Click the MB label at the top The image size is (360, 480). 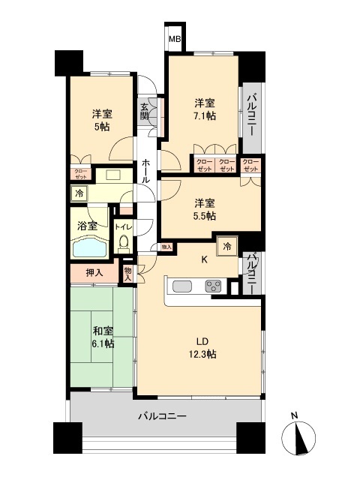[x=174, y=40]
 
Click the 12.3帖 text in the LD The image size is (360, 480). [x=200, y=353]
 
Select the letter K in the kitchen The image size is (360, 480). [x=202, y=260]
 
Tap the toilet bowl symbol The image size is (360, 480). [x=124, y=244]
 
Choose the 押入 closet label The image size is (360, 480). [x=94, y=272]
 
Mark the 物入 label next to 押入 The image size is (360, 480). [x=128, y=273]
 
